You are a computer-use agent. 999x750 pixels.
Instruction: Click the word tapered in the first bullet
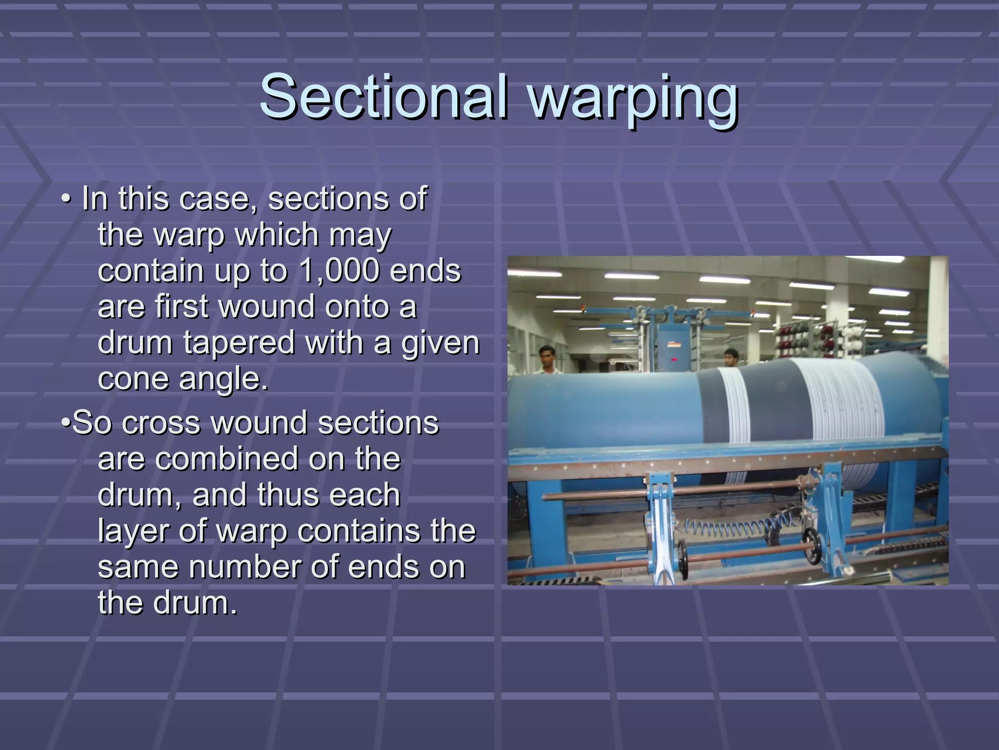[x=239, y=343]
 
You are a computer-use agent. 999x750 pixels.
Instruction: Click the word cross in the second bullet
[x=161, y=423]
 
